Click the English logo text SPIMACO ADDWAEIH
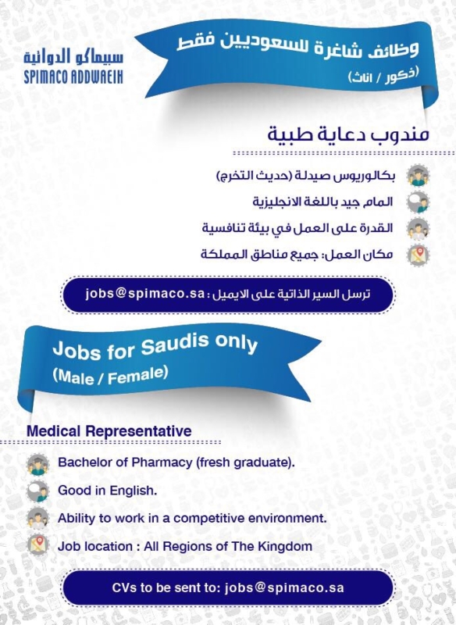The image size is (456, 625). (x=73, y=77)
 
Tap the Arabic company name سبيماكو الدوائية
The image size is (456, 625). (x=73, y=56)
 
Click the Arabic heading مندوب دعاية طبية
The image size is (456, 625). (x=348, y=134)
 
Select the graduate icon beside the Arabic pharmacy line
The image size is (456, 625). (x=418, y=175)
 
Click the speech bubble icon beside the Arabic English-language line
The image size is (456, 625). (x=418, y=202)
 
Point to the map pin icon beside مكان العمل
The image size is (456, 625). (x=418, y=255)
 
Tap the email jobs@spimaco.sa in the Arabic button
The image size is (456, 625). (x=145, y=294)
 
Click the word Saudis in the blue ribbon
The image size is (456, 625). (x=175, y=345)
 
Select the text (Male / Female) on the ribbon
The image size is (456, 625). (x=110, y=376)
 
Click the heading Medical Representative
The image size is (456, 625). (x=109, y=431)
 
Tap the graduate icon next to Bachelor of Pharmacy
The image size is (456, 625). (x=37, y=464)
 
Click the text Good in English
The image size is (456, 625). (x=108, y=491)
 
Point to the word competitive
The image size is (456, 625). (x=209, y=519)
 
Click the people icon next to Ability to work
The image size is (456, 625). (x=37, y=518)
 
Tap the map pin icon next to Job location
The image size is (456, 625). (x=37, y=545)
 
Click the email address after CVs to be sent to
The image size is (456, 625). (x=284, y=588)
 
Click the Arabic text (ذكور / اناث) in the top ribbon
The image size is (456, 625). (x=384, y=76)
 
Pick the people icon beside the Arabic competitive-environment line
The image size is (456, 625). (x=418, y=228)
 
